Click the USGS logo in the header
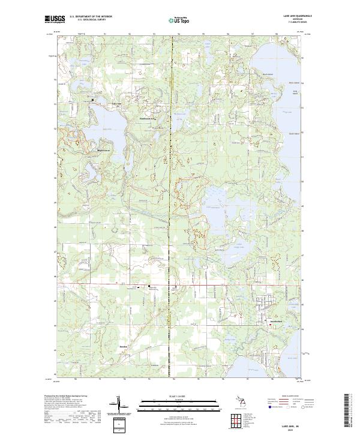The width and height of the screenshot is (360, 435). pyautogui.click(x=55, y=19)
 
